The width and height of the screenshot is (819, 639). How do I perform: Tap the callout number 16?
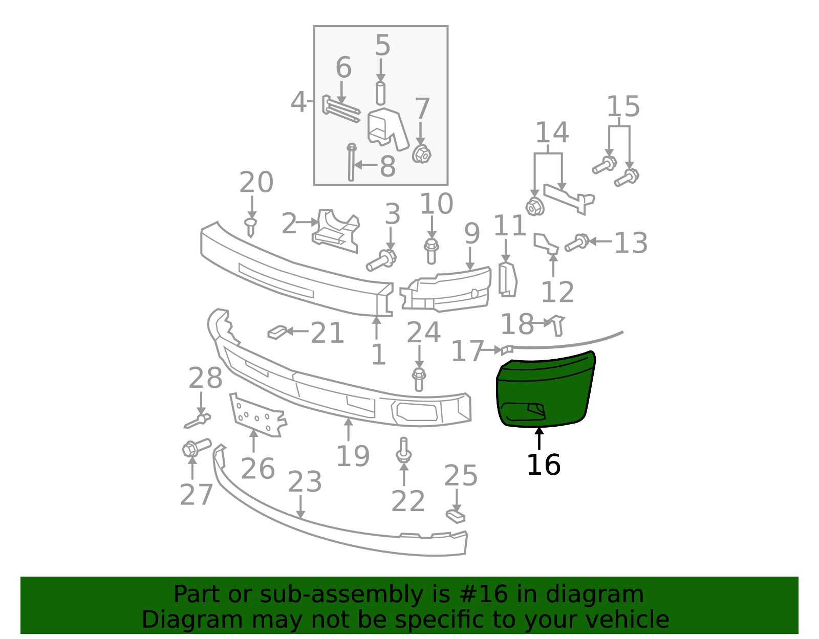click(x=544, y=465)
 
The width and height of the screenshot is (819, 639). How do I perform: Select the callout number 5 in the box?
click(x=382, y=45)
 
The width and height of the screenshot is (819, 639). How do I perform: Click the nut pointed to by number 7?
click(x=421, y=154)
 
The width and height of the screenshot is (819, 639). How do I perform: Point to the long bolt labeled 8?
click(x=351, y=162)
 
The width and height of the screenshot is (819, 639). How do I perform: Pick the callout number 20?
click(x=256, y=182)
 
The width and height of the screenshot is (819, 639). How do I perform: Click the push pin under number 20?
click(x=251, y=227)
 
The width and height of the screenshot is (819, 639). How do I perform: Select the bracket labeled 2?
click(x=335, y=230)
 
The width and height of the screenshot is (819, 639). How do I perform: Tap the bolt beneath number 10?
click(x=431, y=251)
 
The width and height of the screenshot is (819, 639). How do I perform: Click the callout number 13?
click(x=631, y=243)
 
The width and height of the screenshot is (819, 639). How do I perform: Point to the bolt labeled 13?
click(x=577, y=243)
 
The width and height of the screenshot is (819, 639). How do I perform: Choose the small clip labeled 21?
click(x=278, y=332)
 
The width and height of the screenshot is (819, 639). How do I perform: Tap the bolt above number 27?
click(x=197, y=448)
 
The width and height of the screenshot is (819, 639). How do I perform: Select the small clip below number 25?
click(x=455, y=516)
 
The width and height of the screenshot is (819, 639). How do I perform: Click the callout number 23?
click(x=305, y=482)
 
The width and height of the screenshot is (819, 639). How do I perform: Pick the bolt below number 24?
click(x=419, y=379)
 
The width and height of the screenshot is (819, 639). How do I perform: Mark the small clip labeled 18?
click(x=558, y=325)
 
